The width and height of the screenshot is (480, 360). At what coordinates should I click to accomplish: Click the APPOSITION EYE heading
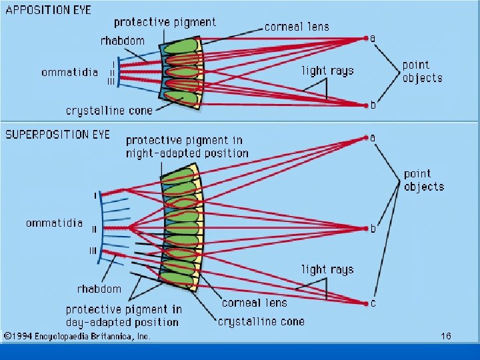[49, 11]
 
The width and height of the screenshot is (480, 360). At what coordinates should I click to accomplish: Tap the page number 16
[446, 337]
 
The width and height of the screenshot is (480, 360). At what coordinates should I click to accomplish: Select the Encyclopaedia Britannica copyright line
[76, 337]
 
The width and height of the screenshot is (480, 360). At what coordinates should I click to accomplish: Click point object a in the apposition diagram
[366, 38]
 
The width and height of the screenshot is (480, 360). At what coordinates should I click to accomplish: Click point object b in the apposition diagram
[366, 105]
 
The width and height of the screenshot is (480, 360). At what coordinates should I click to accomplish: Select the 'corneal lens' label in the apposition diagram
[297, 27]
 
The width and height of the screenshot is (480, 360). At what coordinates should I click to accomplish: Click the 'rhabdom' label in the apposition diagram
[122, 41]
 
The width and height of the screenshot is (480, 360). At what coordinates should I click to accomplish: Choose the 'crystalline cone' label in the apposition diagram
[109, 110]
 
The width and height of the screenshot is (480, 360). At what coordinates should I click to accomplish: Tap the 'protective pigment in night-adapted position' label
[187, 147]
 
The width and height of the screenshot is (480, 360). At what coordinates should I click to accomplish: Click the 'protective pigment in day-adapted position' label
[123, 315]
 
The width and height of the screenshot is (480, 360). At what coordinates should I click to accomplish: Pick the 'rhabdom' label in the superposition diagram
[99, 289]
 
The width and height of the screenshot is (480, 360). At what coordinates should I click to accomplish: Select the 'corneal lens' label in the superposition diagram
[254, 303]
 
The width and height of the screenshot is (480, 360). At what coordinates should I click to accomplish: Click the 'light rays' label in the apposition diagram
[327, 71]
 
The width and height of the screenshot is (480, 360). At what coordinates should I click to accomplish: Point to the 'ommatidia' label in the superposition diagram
[55, 223]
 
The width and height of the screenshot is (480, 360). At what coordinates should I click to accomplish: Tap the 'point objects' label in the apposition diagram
[422, 71]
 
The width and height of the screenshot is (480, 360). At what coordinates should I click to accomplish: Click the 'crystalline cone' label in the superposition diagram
[261, 321]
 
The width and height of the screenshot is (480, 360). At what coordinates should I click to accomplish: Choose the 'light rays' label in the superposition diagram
[327, 269]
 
